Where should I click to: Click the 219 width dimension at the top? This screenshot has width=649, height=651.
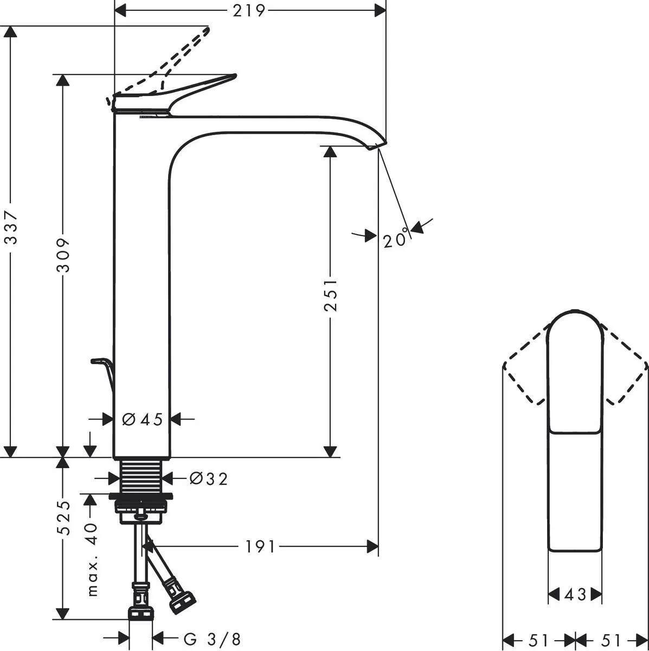[249, 10]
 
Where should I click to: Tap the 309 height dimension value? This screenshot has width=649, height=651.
[63, 254]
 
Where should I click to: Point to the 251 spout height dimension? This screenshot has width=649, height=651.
[330, 295]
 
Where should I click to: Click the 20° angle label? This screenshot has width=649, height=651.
[396, 239]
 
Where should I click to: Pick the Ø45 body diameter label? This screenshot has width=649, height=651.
[142, 419]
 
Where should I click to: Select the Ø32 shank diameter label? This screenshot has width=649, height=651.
[208, 478]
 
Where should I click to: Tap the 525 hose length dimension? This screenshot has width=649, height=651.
[64, 518]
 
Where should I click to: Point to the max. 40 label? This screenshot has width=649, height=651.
[92, 559]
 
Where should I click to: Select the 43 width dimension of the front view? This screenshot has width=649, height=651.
[575, 595]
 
